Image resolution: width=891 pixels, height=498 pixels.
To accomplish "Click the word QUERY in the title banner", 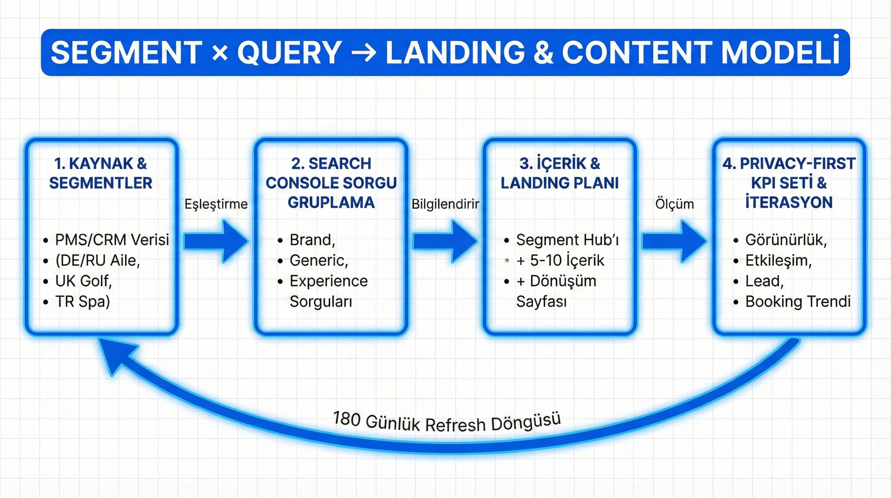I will pos(289,53).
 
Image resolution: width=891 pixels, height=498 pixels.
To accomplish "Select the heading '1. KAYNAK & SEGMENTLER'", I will pos(101,173).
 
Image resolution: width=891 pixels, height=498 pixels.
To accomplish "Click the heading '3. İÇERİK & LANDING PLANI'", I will pos(560,173).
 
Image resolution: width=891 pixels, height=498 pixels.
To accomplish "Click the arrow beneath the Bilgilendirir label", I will pos(445,241).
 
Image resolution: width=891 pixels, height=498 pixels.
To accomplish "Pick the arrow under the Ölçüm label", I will pos(674,241).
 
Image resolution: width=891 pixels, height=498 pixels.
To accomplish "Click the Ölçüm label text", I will pos(674,204).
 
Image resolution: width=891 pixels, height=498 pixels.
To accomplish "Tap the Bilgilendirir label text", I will pos(445,204).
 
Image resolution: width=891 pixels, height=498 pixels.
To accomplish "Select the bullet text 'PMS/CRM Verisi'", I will pos(112,240).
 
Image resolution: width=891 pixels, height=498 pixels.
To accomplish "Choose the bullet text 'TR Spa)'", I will pos(82,301).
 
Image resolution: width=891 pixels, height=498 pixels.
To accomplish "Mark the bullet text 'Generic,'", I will pos(319,260).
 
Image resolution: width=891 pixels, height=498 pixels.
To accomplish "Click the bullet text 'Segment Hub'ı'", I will pos(567,240).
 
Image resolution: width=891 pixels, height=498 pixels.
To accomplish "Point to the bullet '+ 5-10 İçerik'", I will pos(560,260).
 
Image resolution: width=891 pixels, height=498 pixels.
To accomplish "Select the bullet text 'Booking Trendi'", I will pos(798,301).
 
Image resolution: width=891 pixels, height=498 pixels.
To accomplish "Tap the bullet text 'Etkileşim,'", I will pos(778,260).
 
